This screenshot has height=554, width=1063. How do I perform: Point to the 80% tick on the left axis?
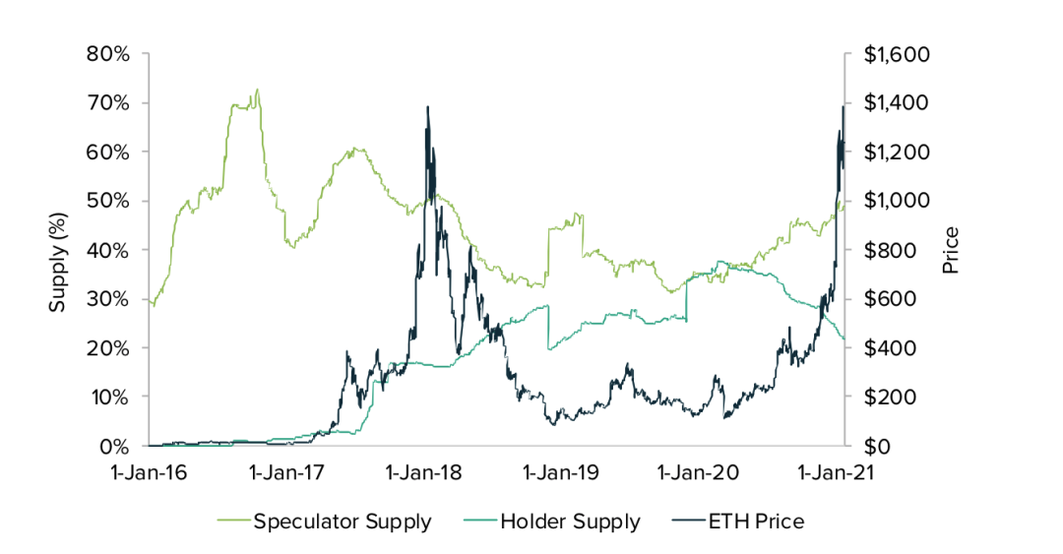109,54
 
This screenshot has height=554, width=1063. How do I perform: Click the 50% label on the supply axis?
109,201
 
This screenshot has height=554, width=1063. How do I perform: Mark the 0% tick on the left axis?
115,446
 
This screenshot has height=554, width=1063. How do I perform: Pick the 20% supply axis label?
109,347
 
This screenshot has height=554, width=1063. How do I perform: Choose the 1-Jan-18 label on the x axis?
427,472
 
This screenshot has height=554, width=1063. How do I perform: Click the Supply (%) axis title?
58,250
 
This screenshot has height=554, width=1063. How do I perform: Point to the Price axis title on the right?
951,250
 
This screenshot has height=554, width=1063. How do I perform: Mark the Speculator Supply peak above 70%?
257,90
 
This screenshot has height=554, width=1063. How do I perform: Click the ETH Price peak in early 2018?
427,107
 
